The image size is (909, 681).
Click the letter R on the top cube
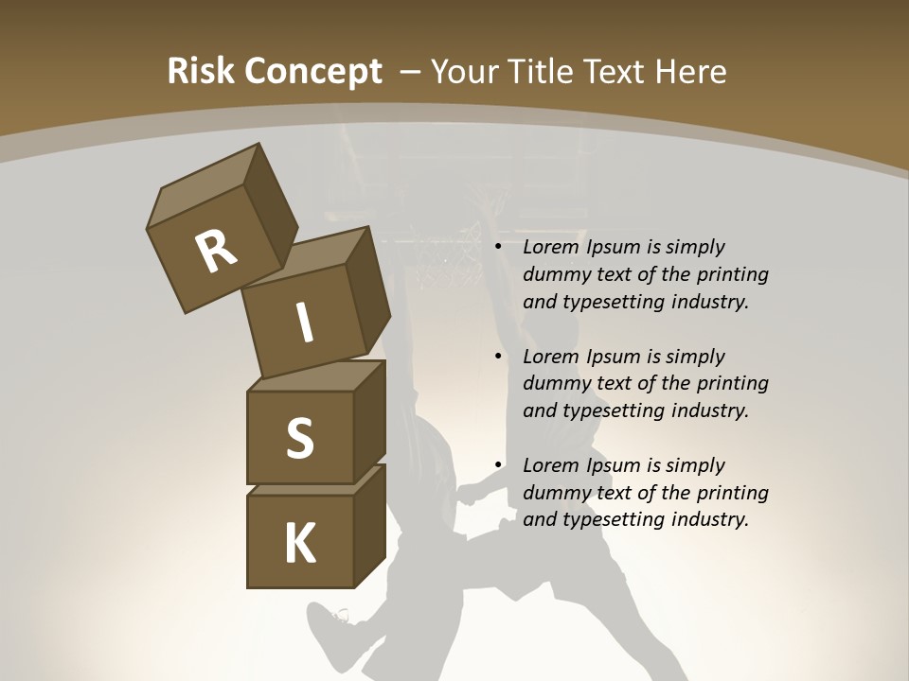216,253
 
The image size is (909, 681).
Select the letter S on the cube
299,438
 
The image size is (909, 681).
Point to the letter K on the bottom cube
300,544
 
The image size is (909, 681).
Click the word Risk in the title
200,71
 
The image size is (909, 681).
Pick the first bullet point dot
498,248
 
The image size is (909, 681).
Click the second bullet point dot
498,358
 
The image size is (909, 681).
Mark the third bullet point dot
498,466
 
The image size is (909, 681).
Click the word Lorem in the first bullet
550,247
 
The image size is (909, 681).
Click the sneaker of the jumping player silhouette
327,624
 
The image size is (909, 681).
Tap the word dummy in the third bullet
555,493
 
